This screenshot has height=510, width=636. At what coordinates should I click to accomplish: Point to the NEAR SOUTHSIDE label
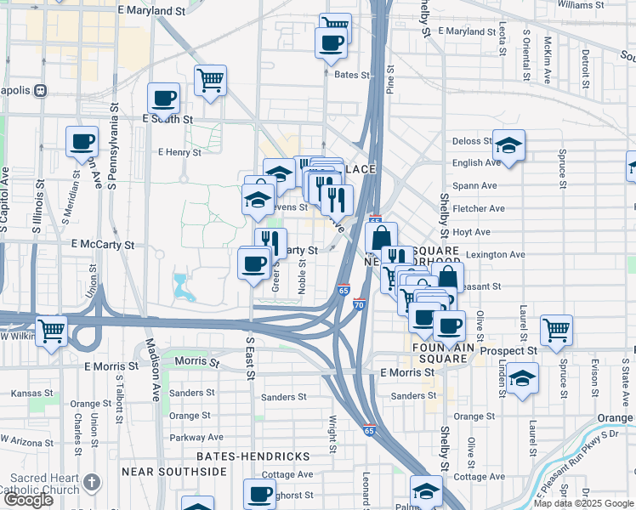click(x=166, y=471)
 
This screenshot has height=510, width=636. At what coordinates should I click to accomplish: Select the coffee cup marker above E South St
click(x=162, y=98)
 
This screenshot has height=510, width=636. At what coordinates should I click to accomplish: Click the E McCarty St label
click(x=103, y=245)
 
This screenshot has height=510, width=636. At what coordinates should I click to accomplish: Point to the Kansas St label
click(x=30, y=394)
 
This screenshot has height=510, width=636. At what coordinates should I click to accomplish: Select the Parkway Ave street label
click(x=196, y=438)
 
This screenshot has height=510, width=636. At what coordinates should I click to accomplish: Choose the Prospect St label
click(x=508, y=350)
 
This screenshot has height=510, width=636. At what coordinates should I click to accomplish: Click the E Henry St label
click(x=179, y=153)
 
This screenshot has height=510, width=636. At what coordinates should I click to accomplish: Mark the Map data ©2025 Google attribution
click(x=582, y=503)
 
